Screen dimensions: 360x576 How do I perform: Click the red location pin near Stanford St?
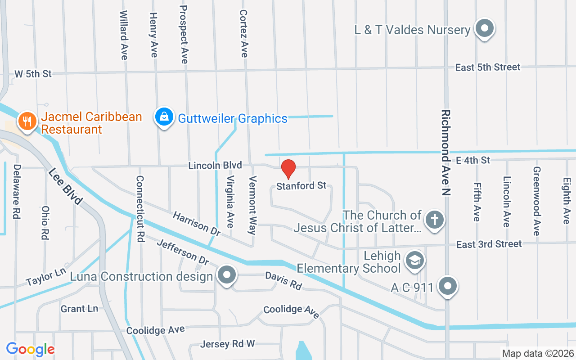[288, 169]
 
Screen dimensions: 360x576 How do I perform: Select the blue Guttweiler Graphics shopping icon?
[164, 117]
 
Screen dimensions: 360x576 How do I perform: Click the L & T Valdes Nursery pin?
[484, 29]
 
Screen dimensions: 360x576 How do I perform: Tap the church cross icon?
[434, 220]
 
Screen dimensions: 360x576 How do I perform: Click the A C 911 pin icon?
[448, 285]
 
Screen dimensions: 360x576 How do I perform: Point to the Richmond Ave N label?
[446, 153]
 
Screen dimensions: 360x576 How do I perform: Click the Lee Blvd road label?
[65, 186]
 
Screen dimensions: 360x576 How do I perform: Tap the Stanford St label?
[301, 185]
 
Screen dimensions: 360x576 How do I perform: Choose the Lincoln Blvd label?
[215, 166]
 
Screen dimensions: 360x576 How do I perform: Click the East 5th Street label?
[488, 67]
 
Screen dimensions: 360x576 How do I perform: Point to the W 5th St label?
[33, 74]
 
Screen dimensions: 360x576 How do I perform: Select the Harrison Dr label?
[197, 224]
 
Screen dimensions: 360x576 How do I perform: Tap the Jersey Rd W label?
[228, 344]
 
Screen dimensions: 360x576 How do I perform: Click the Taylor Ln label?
[46, 275]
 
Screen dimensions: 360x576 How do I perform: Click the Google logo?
[31, 349]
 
